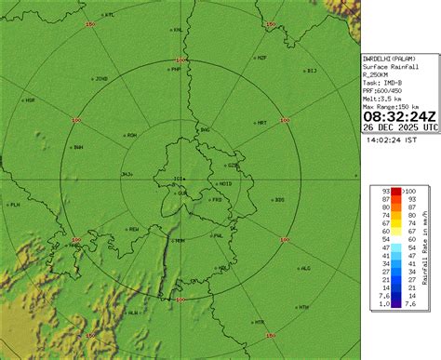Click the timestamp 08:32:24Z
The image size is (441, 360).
coord(400,116)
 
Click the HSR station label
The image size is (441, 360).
coord(30,100)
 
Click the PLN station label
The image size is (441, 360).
coord(14,204)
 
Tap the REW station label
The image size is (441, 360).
coord(133,229)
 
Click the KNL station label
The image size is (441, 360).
coord(177,30)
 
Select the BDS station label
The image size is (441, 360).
coord(280,200)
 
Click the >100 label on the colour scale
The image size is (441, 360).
coord(409,192)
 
